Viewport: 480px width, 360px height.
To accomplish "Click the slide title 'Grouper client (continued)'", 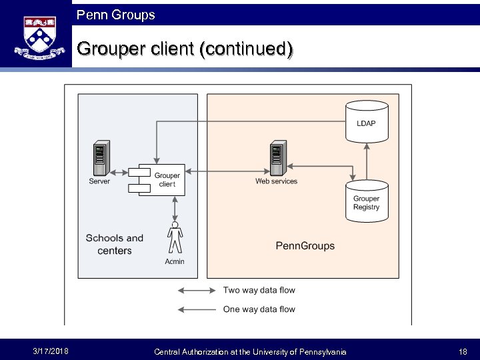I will (x=185, y=49).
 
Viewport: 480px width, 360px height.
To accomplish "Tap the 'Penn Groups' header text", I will (x=115, y=14).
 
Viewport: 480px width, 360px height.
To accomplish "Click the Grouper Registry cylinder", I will (x=366, y=200).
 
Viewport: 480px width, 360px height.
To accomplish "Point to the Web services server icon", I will (x=277, y=158).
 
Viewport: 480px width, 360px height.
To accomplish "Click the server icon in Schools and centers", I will (x=101, y=159).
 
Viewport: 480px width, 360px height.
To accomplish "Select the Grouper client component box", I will (x=158, y=179).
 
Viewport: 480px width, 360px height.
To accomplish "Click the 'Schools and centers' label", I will (x=115, y=244).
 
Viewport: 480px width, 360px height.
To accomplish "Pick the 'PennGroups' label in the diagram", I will (x=305, y=246).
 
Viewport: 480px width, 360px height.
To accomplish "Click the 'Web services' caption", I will (x=277, y=181).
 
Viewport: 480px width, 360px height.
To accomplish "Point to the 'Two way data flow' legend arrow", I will (x=199, y=291).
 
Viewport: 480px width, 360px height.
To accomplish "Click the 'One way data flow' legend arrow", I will (x=199, y=309).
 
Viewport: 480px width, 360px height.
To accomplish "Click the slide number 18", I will (x=463, y=351).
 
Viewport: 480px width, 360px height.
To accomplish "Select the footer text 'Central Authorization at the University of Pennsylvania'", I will (x=250, y=351).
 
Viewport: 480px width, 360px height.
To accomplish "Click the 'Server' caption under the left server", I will (x=100, y=181).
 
